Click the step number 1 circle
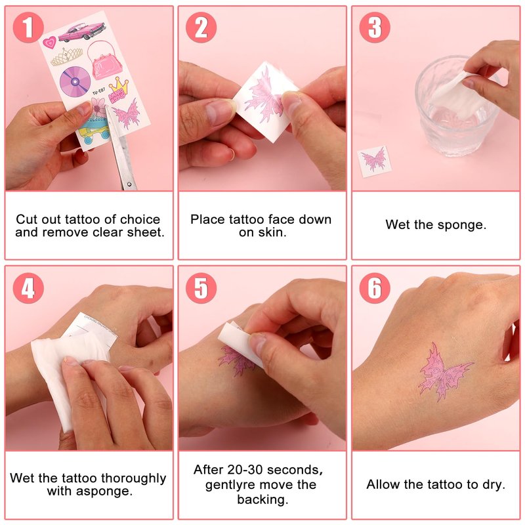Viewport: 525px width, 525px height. pos(28,28)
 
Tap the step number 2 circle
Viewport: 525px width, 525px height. pos(201,28)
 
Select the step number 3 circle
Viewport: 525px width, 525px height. pos(375,28)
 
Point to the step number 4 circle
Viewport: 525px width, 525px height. pos(28,288)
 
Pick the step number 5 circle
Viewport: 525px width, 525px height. pos(201,288)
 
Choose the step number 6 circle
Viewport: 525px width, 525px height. pos(375,288)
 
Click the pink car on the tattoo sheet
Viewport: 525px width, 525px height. pos(82,31)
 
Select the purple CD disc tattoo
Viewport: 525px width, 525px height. pos(75,81)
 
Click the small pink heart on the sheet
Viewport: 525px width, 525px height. pos(50,43)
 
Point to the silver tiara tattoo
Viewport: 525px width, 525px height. pos(67,56)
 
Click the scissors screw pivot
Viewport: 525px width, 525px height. pos(129,184)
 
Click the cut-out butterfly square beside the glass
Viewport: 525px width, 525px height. pos(374,161)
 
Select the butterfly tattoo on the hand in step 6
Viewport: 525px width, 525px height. pos(445,372)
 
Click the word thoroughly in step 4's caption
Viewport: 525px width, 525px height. pos(133,478)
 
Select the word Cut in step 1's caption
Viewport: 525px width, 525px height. pos(27,219)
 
